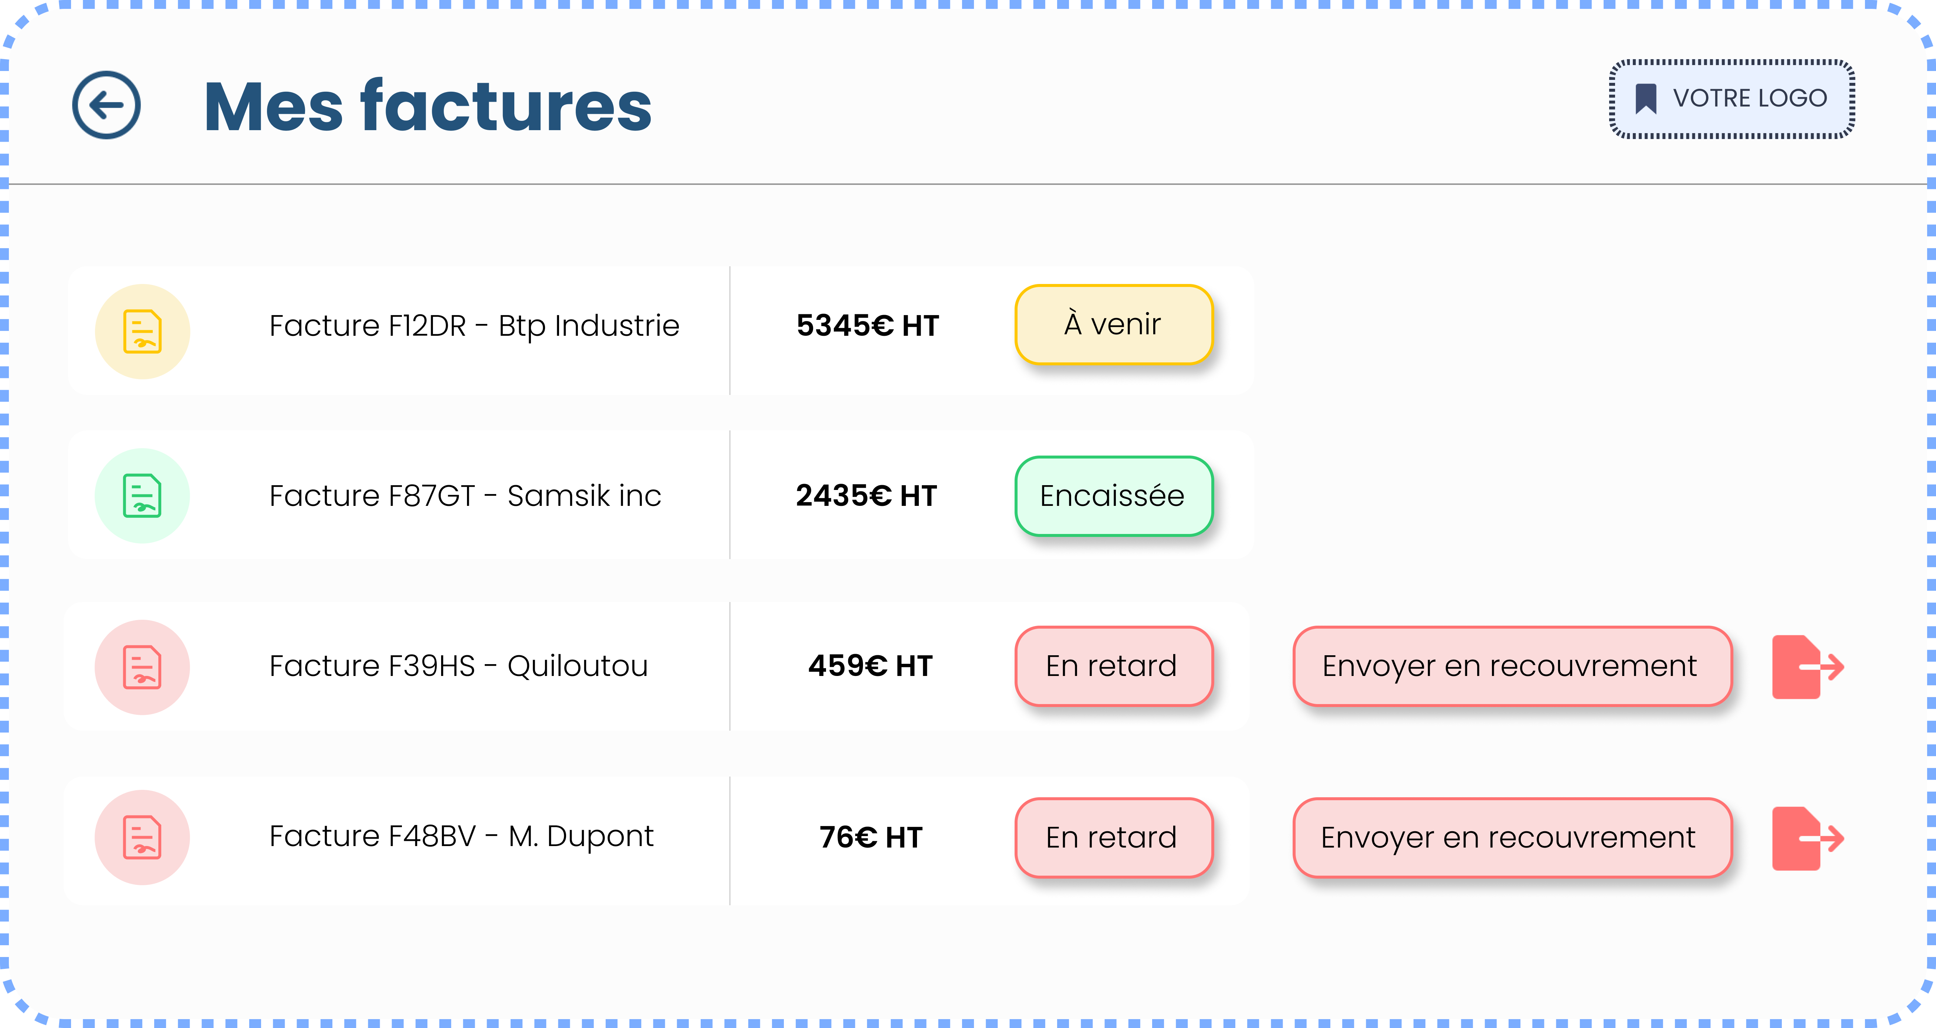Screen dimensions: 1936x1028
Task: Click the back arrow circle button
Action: click(106, 105)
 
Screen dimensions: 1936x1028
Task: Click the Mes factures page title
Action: click(428, 107)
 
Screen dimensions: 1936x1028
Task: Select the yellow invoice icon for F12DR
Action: click(142, 331)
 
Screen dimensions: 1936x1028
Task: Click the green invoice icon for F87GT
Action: click(142, 496)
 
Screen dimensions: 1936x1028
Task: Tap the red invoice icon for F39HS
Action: click(142, 667)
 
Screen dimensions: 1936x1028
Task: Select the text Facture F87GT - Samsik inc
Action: click(465, 496)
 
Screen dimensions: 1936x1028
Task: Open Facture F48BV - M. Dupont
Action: click(461, 836)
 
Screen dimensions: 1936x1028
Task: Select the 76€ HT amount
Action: click(870, 837)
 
